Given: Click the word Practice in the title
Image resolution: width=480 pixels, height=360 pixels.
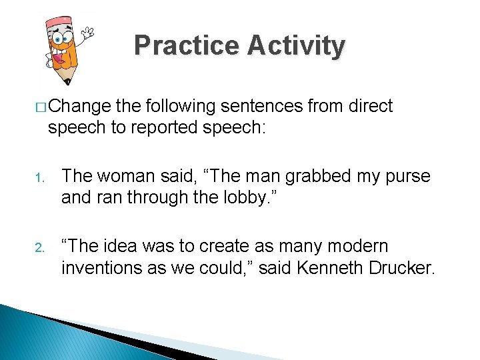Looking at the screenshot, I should [x=187, y=45].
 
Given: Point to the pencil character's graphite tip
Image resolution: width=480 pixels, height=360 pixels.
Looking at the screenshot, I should [x=67, y=81].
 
